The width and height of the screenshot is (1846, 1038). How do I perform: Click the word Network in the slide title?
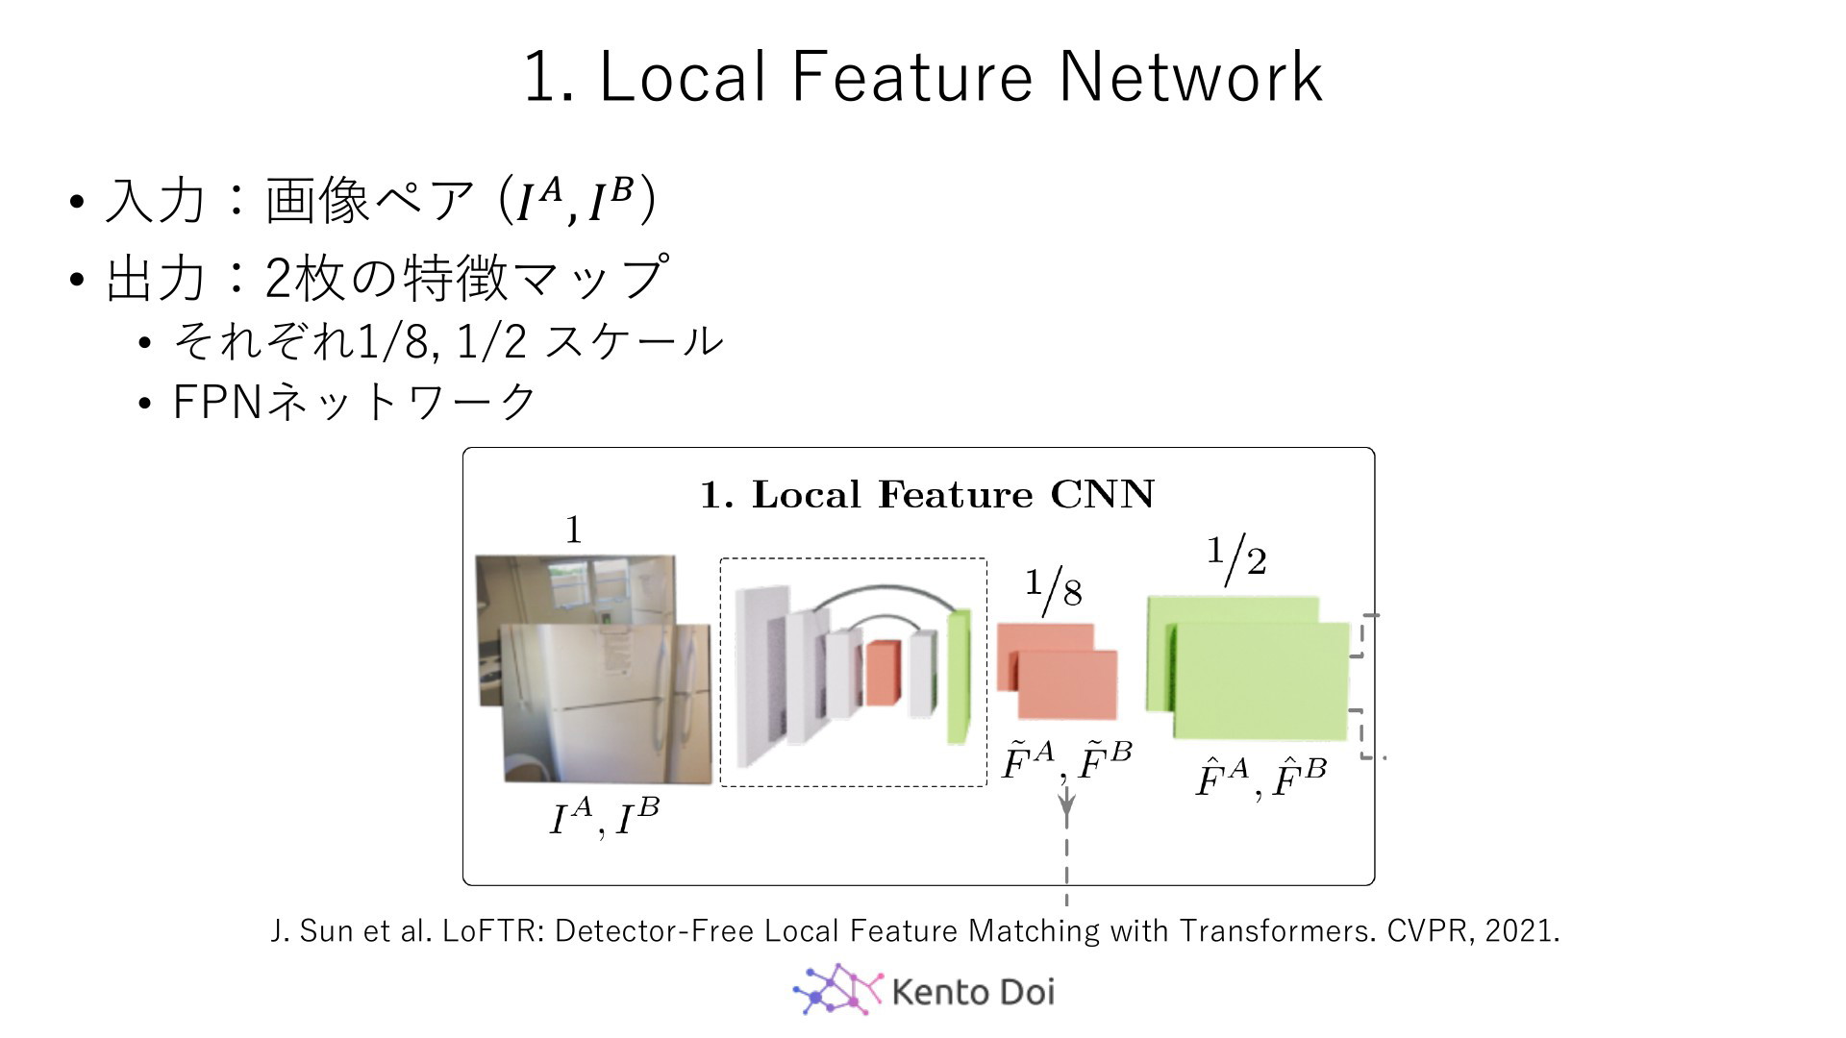[1190, 76]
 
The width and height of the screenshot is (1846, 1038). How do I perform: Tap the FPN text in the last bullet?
[216, 402]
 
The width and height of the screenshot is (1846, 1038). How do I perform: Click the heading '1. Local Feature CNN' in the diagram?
[927, 494]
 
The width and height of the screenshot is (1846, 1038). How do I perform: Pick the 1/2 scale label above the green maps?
[1236, 558]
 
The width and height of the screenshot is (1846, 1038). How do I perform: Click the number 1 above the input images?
[573, 530]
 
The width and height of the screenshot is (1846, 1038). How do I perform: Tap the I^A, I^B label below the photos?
[604, 818]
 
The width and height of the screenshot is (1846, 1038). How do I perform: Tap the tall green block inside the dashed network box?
[959, 676]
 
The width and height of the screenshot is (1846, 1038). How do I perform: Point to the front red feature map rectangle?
[1067, 685]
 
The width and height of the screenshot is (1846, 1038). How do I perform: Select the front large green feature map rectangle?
[1261, 680]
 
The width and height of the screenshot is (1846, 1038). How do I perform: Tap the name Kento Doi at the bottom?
[973, 991]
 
